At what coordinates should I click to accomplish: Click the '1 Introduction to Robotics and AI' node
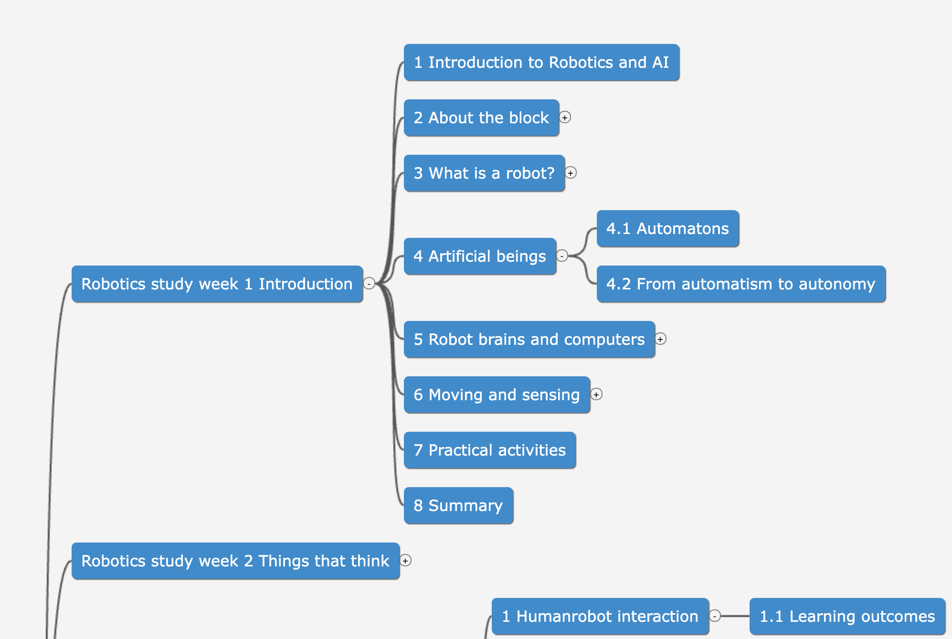(x=541, y=63)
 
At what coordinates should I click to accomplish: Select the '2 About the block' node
(x=481, y=118)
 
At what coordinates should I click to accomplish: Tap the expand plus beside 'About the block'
(x=565, y=117)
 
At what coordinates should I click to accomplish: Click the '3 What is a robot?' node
(x=484, y=173)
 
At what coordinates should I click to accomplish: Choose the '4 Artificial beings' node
(x=480, y=256)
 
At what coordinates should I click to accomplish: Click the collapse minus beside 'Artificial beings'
(x=562, y=256)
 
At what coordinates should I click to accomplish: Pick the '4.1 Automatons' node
(x=667, y=229)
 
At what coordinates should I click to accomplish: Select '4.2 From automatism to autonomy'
(x=741, y=284)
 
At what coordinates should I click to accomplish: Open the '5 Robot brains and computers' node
(x=529, y=340)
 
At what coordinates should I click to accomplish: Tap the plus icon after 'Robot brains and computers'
(x=660, y=339)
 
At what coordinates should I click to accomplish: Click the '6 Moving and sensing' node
(x=497, y=395)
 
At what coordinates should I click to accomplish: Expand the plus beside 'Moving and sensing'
(x=596, y=394)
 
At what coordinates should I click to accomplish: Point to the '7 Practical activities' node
(x=489, y=450)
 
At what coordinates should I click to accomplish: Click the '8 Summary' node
(x=458, y=506)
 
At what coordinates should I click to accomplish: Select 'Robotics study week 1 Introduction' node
(x=217, y=284)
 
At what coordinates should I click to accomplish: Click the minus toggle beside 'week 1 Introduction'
(x=369, y=284)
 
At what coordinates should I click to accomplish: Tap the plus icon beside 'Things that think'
(x=405, y=561)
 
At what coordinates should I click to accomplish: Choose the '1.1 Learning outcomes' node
(x=847, y=617)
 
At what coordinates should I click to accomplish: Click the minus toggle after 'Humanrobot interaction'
(x=715, y=616)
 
